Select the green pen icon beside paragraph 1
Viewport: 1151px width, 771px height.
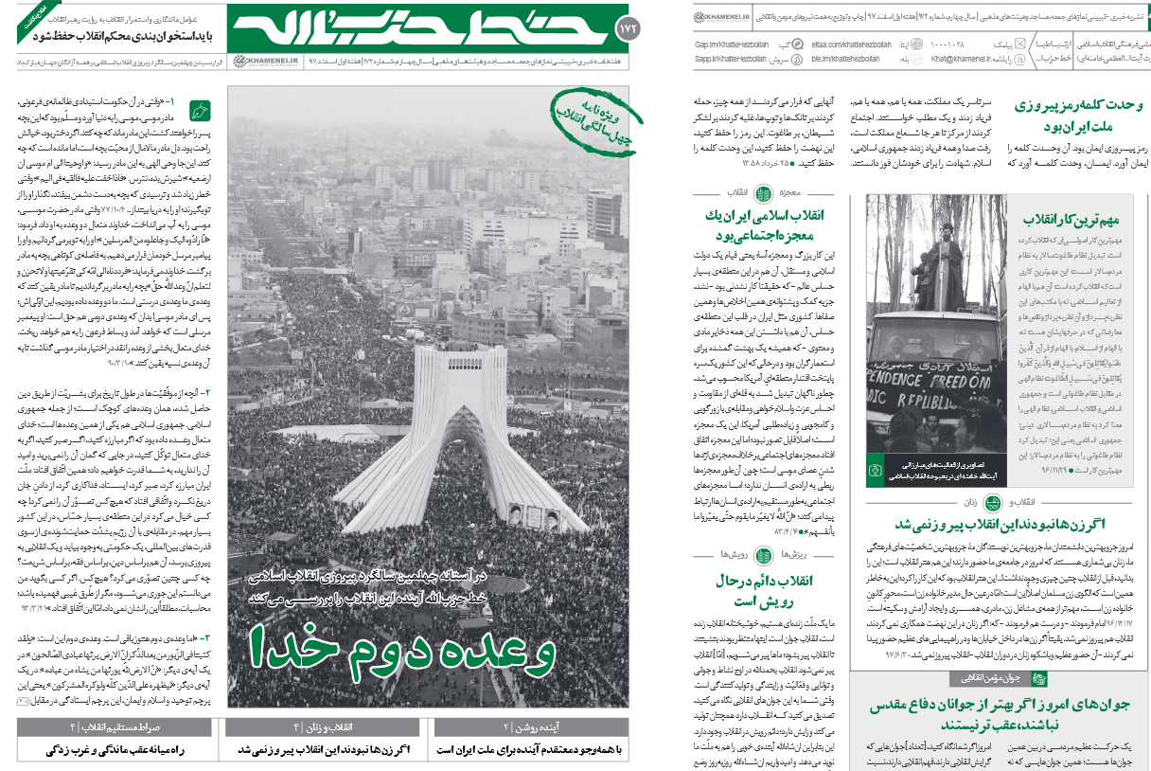coord(201,109)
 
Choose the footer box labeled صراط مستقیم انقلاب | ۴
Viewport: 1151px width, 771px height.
coord(119,727)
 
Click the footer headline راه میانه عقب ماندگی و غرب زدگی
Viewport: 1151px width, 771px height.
coord(119,750)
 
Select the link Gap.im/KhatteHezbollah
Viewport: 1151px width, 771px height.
coord(731,44)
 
